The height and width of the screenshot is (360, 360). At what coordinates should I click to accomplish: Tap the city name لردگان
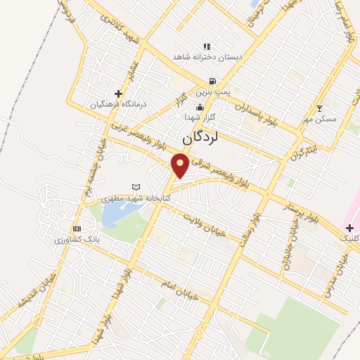[200, 139]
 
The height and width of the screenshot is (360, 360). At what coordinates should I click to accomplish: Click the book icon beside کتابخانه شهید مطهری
[136, 187]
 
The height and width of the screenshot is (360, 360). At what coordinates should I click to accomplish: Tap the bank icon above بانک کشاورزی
[77, 229]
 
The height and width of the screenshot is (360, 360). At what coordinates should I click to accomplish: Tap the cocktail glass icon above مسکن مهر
[320, 108]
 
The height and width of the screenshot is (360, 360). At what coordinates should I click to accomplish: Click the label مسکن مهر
[319, 119]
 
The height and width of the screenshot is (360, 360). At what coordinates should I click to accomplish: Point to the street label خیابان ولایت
[204, 223]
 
